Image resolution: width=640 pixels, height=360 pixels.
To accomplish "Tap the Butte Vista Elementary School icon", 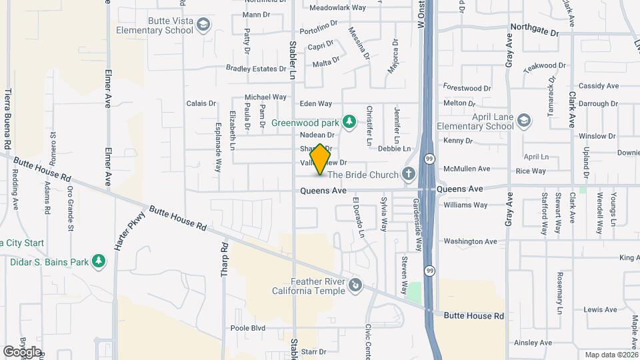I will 203,25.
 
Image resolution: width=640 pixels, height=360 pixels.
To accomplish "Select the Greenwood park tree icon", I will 348,121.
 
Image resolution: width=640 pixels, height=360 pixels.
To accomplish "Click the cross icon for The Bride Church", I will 409,174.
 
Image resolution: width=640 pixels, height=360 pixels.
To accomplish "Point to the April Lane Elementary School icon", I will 524,121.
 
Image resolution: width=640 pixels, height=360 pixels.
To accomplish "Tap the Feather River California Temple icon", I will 356,285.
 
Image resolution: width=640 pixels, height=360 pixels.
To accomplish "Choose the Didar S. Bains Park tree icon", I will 99,261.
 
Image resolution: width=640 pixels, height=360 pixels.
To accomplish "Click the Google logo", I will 23,351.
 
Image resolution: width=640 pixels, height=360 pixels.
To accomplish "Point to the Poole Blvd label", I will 248,328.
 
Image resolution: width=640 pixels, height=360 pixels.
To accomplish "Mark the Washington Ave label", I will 470,241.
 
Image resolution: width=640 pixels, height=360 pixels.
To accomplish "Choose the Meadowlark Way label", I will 338,8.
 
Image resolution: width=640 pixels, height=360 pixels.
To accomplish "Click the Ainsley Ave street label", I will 533,343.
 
